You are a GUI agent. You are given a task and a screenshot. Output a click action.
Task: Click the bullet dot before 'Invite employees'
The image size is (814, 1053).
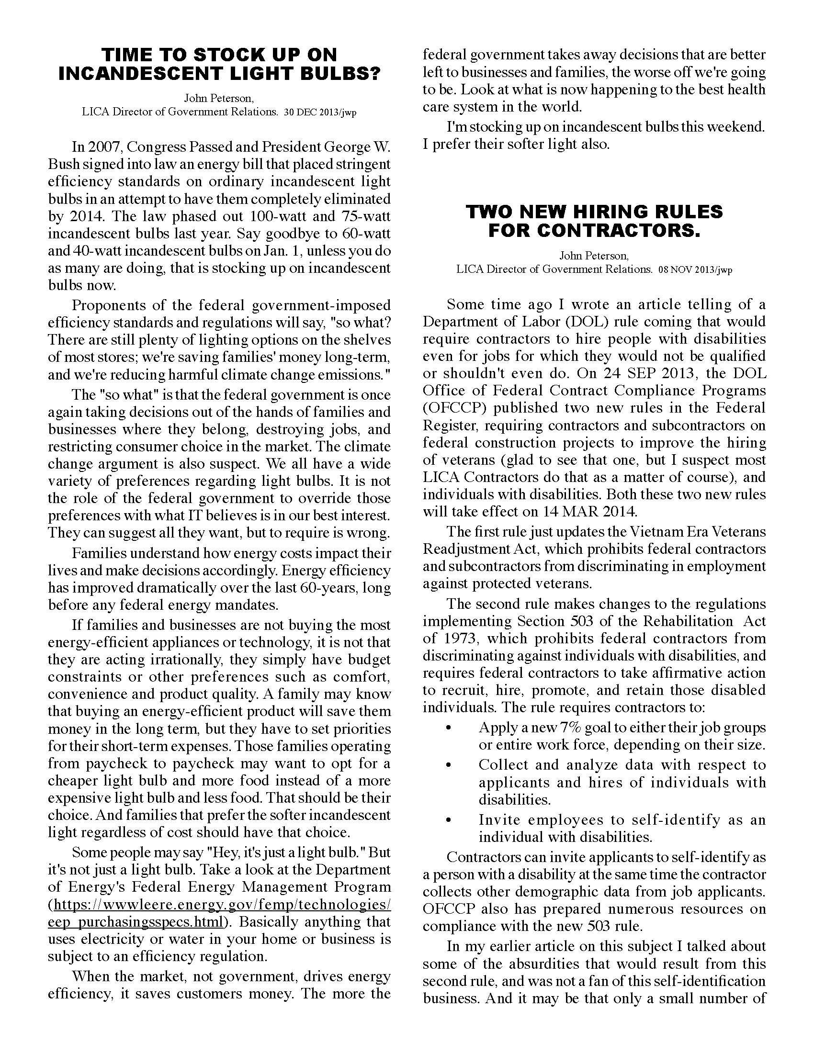pos(450,820)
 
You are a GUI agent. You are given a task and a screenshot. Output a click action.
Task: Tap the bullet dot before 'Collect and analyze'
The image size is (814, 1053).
pos(450,765)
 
